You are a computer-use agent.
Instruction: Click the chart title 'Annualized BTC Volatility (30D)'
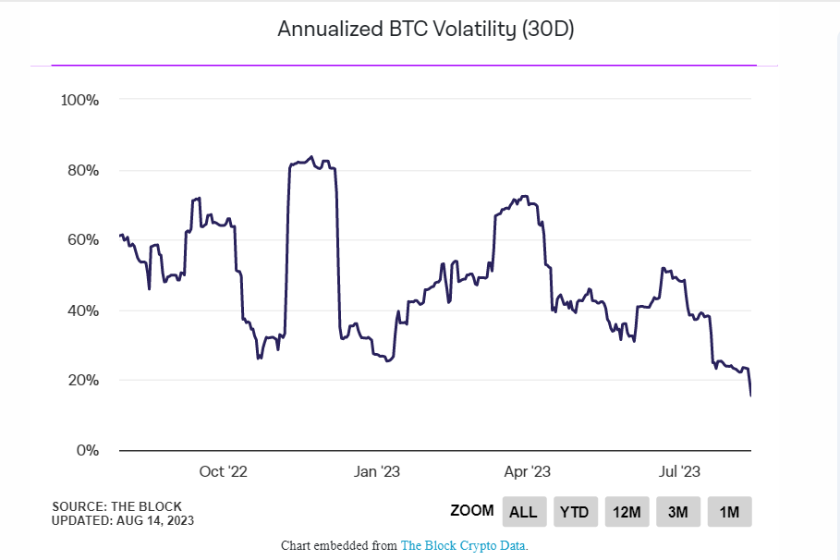tap(426, 30)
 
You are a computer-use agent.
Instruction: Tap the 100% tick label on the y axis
tap(79, 100)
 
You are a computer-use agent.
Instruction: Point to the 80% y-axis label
tap(81, 170)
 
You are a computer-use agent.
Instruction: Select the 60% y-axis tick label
tap(81, 240)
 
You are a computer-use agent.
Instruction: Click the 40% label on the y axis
tap(81, 310)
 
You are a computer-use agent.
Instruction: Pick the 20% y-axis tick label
tap(81, 381)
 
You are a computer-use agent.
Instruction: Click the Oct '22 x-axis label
tap(224, 472)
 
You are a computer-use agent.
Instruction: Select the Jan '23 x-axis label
tap(377, 472)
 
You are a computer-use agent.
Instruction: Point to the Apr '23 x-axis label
tap(528, 472)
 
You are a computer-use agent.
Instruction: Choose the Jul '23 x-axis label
tap(680, 472)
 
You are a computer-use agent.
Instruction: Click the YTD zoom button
tap(574, 512)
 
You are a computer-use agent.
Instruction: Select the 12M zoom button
tap(627, 512)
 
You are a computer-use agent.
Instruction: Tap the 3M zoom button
tap(678, 512)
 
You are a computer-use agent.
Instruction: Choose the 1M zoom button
tap(729, 512)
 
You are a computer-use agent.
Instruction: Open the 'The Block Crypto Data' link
tap(463, 545)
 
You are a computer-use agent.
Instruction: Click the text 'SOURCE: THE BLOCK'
tap(117, 506)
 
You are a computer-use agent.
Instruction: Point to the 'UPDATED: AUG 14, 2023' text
tap(123, 520)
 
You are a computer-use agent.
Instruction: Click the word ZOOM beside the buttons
tap(472, 511)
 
